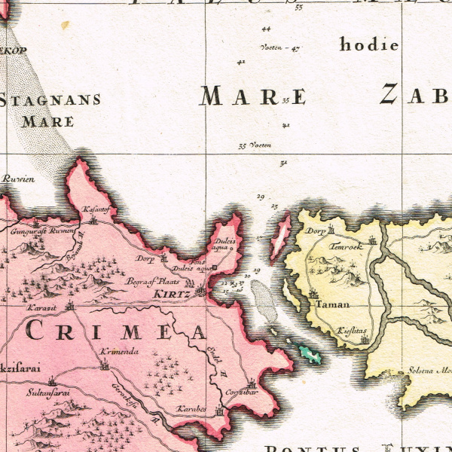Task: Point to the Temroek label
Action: pyautogui.click(x=346, y=246)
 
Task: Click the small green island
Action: pyautogui.click(x=310, y=353)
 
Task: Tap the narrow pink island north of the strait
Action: pyautogui.click(x=280, y=234)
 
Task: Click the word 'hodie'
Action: pyautogui.click(x=368, y=44)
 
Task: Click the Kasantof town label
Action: pyautogui.click(x=96, y=209)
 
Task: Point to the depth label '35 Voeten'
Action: pyautogui.click(x=254, y=145)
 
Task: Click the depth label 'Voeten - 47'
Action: pyautogui.click(x=279, y=47)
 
